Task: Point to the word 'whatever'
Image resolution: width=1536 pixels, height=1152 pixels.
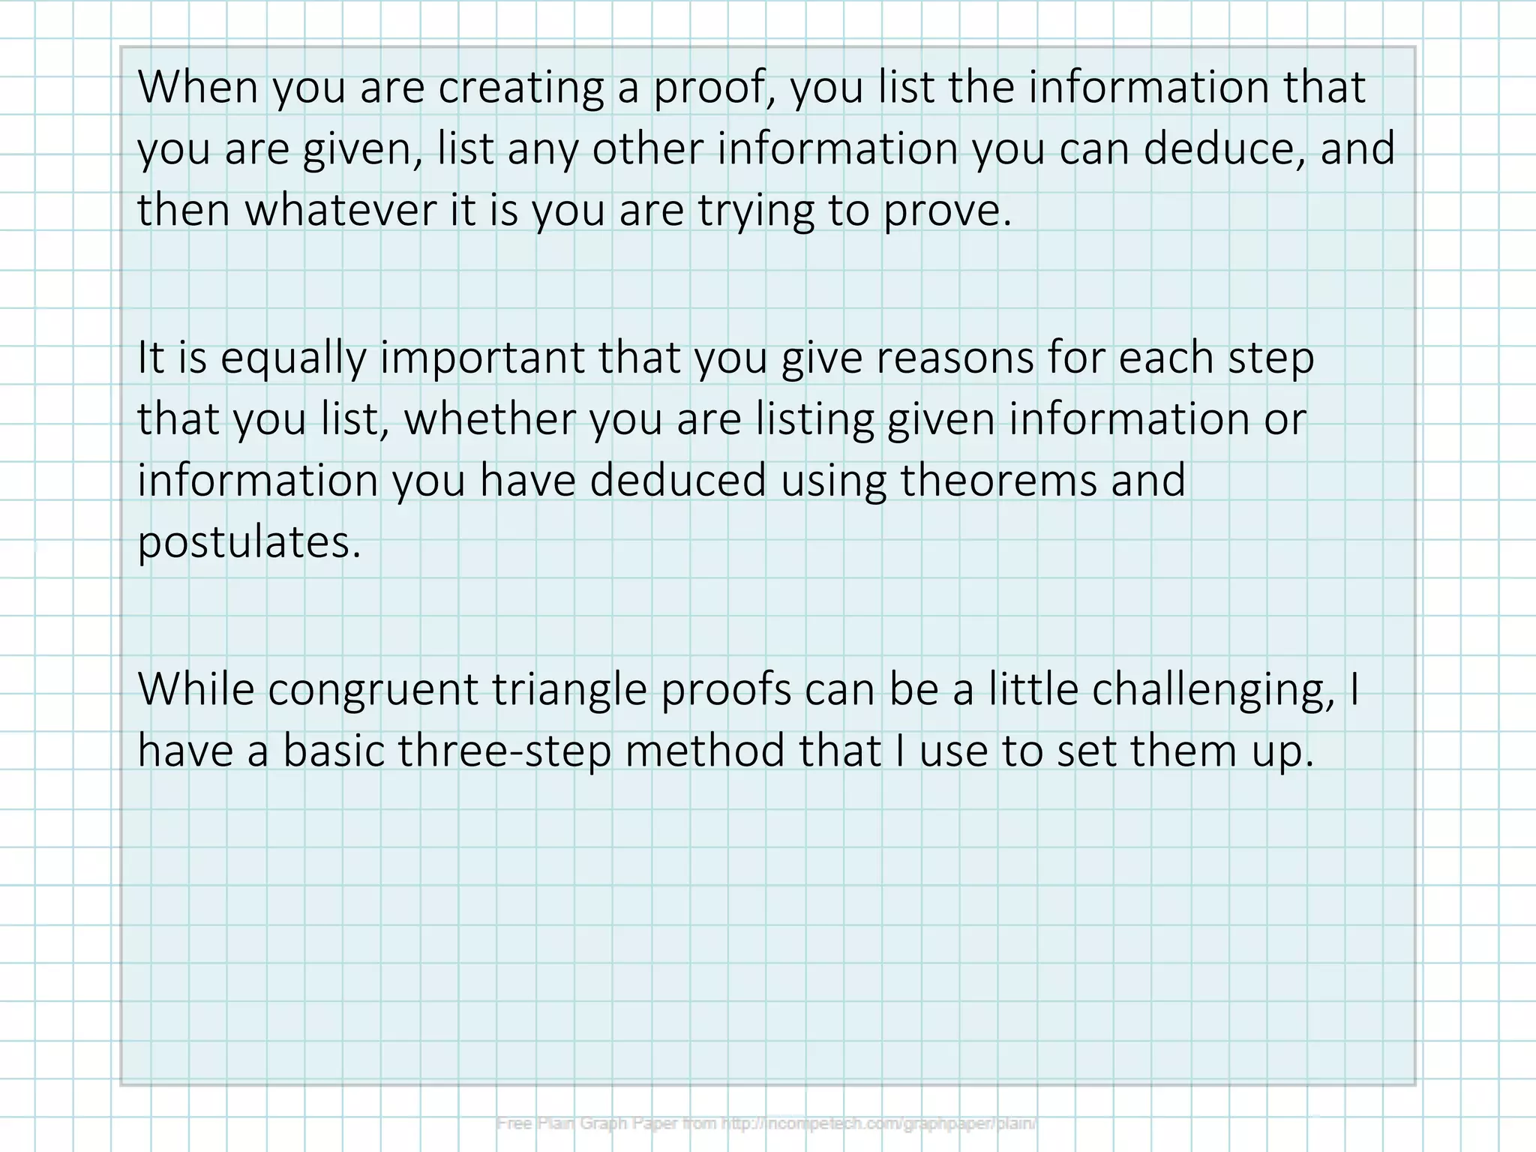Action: (340, 209)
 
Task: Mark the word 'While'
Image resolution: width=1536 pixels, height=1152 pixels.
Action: (196, 688)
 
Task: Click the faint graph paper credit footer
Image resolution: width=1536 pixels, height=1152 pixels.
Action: (766, 1123)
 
